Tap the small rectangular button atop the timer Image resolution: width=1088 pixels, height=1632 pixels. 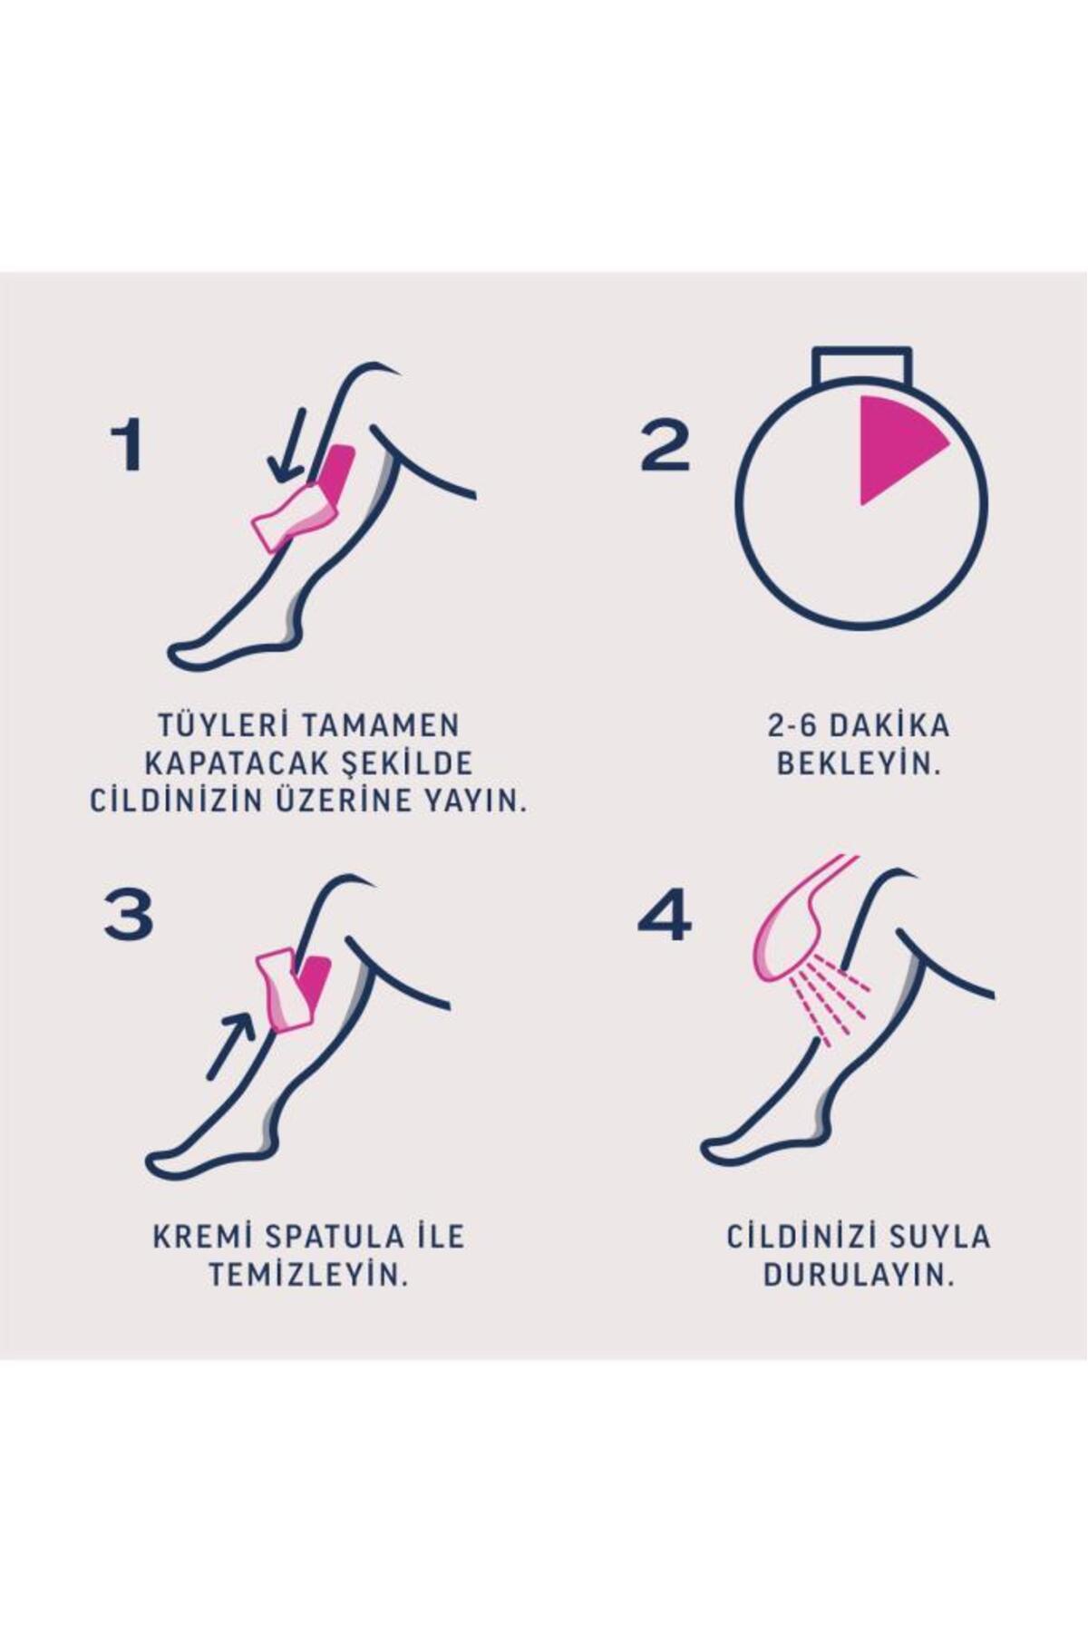pos(861,363)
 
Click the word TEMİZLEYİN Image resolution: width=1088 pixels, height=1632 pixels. pos(308,1275)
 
